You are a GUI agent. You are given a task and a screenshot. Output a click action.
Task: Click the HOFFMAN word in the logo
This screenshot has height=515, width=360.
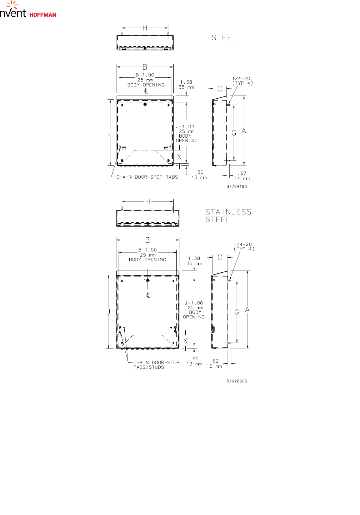click(43, 15)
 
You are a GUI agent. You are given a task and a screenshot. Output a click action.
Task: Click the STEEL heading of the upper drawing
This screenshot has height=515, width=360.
click(224, 38)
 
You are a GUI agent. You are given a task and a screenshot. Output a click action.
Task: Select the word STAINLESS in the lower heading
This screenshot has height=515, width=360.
click(228, 212)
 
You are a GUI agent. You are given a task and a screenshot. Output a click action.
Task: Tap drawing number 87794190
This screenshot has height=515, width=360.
click(237, 186)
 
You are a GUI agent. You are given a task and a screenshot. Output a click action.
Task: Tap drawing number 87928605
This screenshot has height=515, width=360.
click(237, 381)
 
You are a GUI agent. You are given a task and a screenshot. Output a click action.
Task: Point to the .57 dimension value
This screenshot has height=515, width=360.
click(242, 173)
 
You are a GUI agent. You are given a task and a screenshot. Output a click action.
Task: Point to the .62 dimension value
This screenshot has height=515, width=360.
click(214, 361)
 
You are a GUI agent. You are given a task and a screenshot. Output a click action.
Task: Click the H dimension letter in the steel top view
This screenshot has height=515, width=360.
click(145, 28)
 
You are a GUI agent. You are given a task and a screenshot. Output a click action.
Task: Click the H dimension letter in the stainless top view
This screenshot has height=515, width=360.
click(147, 202)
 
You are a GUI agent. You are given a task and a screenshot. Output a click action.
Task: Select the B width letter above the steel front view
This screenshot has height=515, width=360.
click(145, 67)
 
